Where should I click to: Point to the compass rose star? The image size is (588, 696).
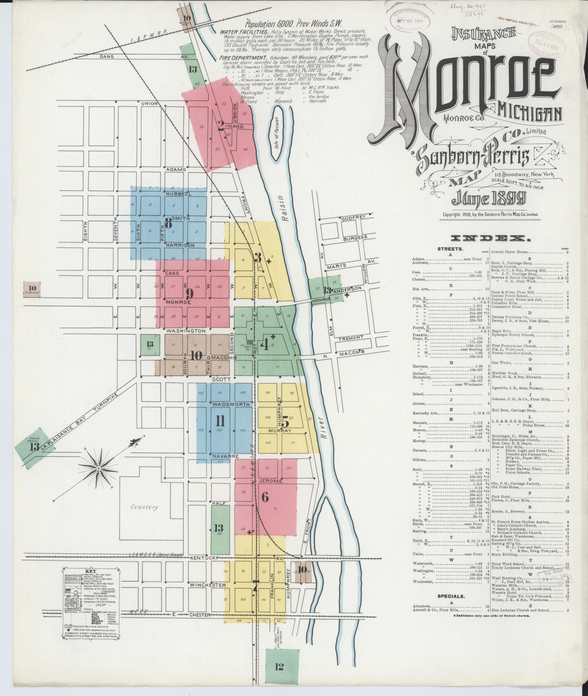(x=98, y=468)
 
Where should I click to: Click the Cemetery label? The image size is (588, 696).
(x=144, y=507)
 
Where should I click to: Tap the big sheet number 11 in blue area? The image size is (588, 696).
(x=220, y=421)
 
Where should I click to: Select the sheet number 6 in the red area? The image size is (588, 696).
(x=265, y=498)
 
